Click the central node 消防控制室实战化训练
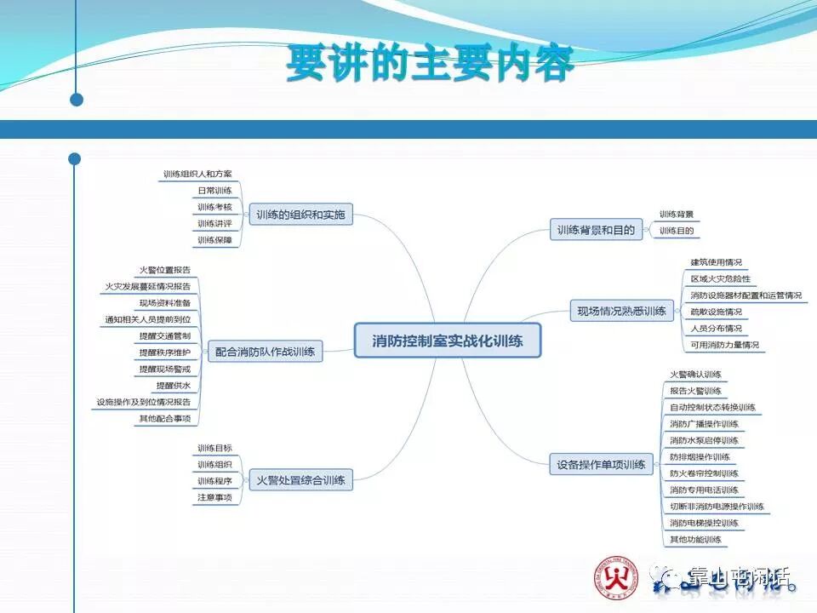click(448, 341)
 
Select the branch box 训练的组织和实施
click(300, 215)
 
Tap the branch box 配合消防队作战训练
click(265, 351)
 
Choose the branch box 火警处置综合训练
click(300, 480)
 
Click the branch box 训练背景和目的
click(596, 230)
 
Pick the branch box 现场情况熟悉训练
click(622, 312)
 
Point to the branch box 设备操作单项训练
click(601, 465)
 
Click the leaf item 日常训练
click(214, 191)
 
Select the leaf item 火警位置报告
click(165, 270)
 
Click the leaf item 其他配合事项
click(165, 418)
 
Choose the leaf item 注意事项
click(214, 497)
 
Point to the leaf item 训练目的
click(677, 230)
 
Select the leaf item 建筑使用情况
click(717, 262)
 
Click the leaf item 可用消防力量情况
click(724, 345)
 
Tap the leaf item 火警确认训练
click(695, 375)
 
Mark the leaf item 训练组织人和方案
click(197, 175)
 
